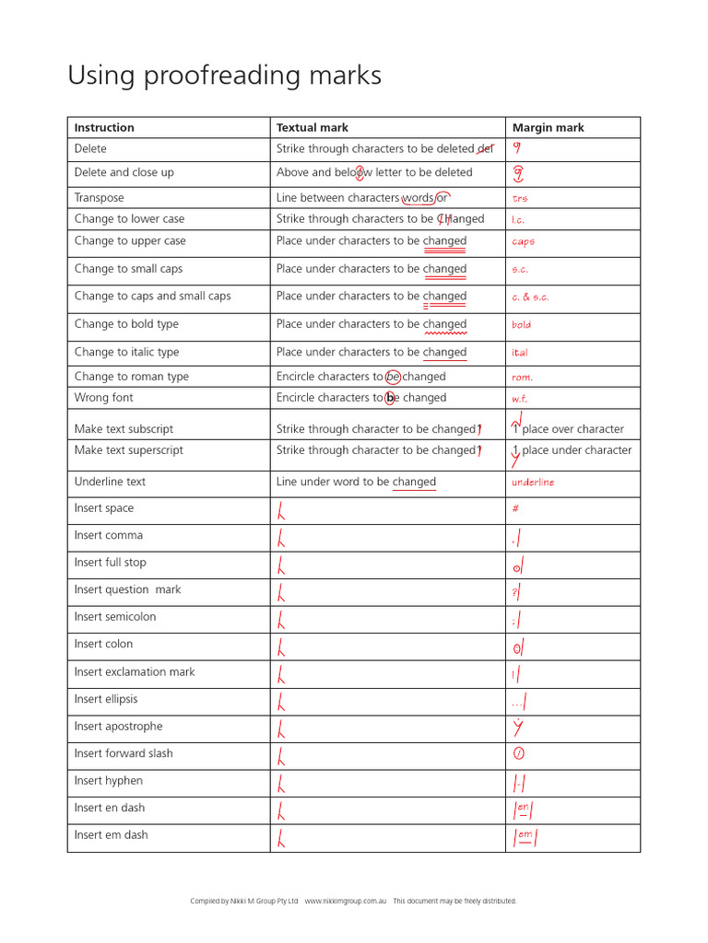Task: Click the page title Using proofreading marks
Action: [224, 76]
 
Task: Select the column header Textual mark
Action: [312, 128]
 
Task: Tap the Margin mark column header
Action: [548, 128]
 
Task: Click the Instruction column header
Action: [104, 128]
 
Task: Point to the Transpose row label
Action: [99, 198]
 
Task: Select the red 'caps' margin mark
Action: [523, 242]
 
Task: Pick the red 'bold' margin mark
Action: [521, 325]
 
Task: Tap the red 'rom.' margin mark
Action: [522, 378]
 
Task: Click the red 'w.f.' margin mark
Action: [520, 399]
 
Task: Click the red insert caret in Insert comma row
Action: [281, 537]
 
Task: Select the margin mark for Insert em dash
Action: [525, 837]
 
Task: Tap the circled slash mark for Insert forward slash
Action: [518, 753]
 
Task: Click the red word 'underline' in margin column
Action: [533, 483]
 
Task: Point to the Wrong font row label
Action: [103, 398]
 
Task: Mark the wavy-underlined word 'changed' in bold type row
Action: [444, 325]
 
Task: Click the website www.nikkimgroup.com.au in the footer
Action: [344, 901]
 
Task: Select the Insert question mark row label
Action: [127, 590]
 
